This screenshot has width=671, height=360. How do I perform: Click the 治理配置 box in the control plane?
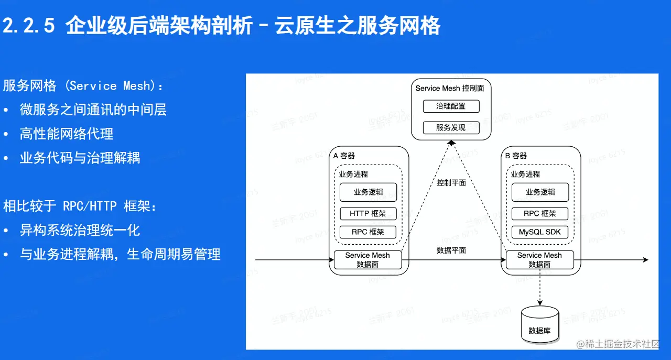click(451, 106)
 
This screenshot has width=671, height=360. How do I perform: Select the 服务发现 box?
click(451, 127)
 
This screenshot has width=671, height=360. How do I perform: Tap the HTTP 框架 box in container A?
click(368, 214)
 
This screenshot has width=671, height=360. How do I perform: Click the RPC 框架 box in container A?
click(368, 232)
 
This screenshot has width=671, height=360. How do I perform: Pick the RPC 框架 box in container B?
click(540, 214)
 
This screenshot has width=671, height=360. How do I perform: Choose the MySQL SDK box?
click(540, 232)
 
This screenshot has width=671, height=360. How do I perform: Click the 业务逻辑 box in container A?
click(368, 192)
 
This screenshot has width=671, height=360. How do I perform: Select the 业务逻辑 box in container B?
click(540, 192)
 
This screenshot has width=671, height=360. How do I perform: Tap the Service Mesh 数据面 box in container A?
click(367, 260)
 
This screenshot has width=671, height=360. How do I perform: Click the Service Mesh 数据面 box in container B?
click(539, 260)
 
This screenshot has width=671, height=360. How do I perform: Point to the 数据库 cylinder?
click(540, 325)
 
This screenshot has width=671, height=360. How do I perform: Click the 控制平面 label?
click(451, 183)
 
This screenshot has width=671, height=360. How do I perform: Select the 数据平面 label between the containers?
click(451, 250)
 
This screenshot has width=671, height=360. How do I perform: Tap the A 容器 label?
click(344, 156)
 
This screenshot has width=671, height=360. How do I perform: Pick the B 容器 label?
click(516, 156)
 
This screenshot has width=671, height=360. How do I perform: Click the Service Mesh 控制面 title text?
click(450, 88)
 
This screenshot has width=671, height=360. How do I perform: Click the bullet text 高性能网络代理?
click(67, 134)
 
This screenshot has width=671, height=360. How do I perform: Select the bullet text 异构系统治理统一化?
click(80, 231)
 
